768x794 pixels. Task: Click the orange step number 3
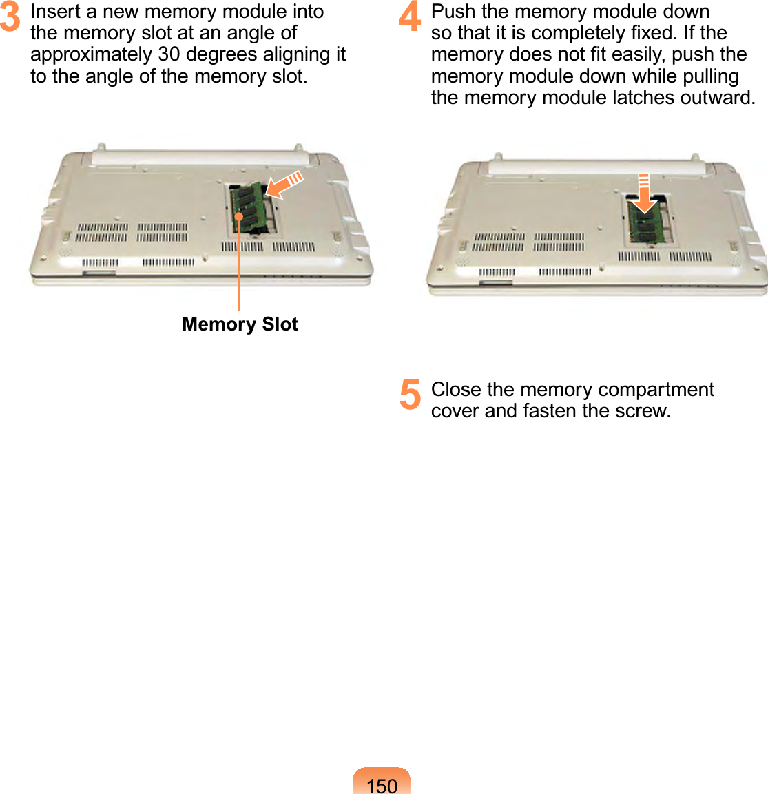pos(10,17)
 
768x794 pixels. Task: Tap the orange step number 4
pos(409,17)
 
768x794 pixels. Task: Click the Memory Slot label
pos(240,324)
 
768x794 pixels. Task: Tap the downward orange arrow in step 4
pos(644,194)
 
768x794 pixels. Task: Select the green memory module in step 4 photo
pos(645,222)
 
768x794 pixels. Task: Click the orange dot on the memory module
pos(238,217)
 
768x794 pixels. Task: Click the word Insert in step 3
pos(51,11)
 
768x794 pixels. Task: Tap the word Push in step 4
pos(453,11)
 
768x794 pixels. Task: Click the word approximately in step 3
pos(92,55)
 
